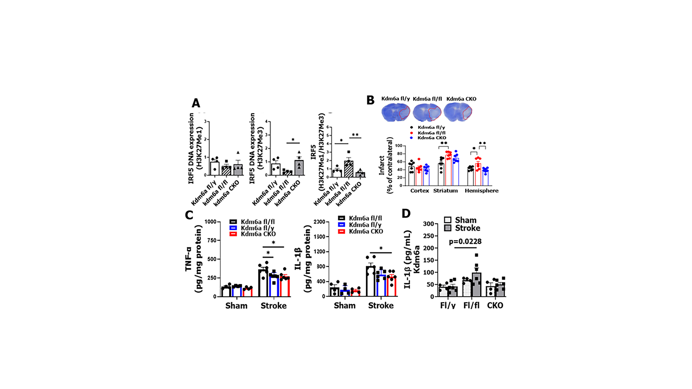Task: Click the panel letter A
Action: pos(196,103)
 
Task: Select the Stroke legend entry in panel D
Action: pos(467,228)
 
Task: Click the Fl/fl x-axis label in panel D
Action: pos(471,305)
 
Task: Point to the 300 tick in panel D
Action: pos(429,224)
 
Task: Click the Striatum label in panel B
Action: pos(445,191)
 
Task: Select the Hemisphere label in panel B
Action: pos(481,191)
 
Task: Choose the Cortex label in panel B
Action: pos(420,191)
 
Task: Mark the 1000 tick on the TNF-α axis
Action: pos(210,222)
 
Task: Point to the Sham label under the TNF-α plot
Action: pos(236,306)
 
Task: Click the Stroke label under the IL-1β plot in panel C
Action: pos(381,305)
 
